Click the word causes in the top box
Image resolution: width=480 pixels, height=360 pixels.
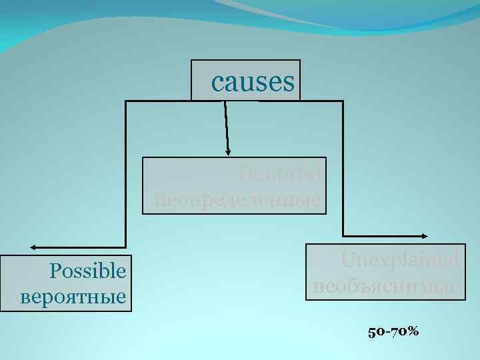252,82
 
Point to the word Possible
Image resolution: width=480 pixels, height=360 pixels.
87,271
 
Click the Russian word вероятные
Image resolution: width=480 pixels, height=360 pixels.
73,295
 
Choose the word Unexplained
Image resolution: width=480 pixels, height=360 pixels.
399,261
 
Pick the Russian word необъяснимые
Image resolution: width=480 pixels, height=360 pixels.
386,287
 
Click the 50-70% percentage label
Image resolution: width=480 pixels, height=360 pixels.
393,331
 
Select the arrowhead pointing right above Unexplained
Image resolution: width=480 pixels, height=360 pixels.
424,235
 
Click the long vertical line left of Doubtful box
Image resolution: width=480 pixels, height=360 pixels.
126,173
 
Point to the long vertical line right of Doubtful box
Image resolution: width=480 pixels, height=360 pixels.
343,167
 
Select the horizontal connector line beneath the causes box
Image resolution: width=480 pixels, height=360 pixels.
233,101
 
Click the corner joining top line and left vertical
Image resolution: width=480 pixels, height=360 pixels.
126,101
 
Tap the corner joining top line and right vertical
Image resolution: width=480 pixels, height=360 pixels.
343,101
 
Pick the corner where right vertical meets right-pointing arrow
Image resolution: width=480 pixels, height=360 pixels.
343,235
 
